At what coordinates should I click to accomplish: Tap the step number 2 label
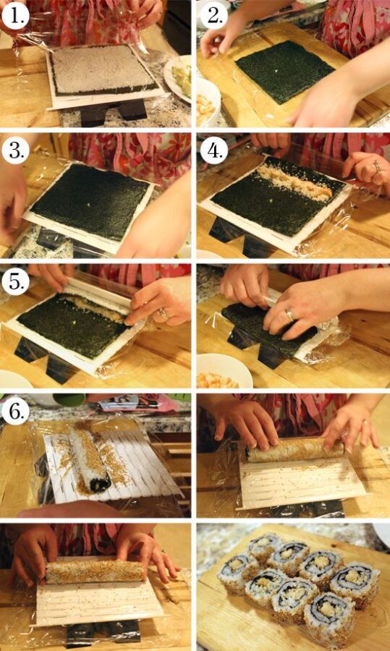pos(214,16)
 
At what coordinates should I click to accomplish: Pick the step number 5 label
pos(15,283)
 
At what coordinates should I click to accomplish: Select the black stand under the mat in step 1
pos(113,111)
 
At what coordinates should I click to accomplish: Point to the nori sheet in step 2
pos(285,71)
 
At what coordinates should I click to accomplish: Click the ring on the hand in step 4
pos(377,167)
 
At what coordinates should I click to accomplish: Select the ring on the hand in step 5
pos(164,315)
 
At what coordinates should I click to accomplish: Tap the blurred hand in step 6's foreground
pos(71,510)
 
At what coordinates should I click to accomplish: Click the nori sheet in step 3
pos(90,203)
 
